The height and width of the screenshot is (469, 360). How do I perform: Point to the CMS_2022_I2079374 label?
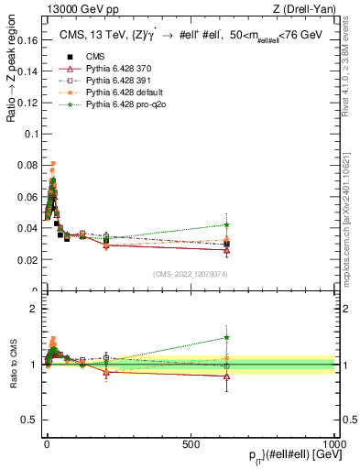[x=190, y=275]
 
